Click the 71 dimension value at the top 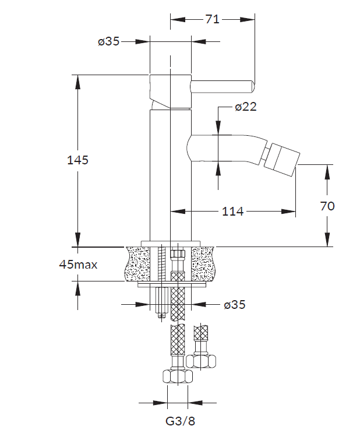(212, 19)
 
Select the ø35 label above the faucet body (109, 41)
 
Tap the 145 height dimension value (77, 160)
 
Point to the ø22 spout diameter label (246, 107)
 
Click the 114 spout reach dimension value (233, 212)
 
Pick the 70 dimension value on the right (327, 206)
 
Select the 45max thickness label (79, 265)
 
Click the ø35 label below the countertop (235, 305)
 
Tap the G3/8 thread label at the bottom (180, 421)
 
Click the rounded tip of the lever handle (252, 86)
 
